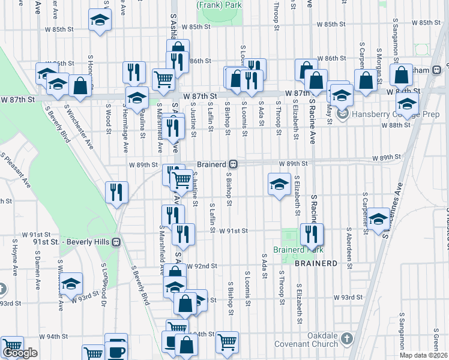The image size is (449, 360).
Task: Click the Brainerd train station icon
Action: (x=238, y=164)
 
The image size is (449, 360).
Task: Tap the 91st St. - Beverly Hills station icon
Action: (x=117, y=242)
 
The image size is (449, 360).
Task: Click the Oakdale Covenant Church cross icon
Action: (x=346, y=340)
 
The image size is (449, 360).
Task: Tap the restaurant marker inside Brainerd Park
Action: (x=312, y=234)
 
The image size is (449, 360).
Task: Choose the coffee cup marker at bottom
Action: (x=116, y=351)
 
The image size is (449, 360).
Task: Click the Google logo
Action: (x=20, y=353)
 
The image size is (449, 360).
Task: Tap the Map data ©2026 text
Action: (x=424, y=355)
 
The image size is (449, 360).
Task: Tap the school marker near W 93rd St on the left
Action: (x=70, y=283)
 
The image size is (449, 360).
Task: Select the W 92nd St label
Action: (x=200, y=265)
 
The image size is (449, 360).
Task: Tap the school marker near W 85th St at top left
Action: (x=100, y=20)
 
